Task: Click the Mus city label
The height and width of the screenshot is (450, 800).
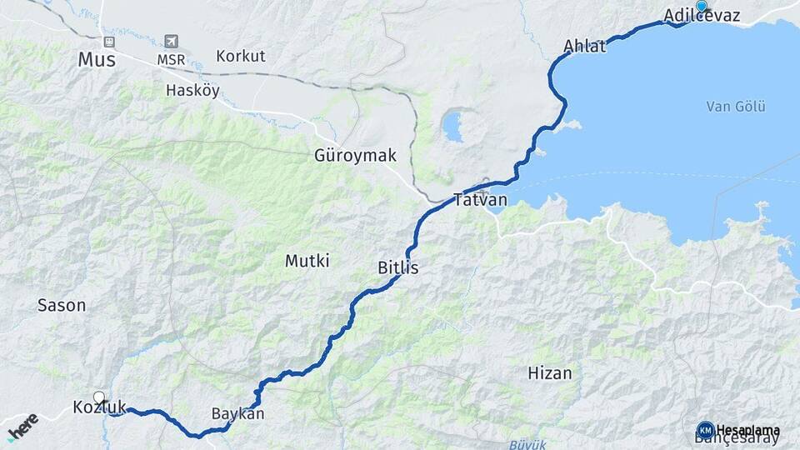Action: tap(96, 60)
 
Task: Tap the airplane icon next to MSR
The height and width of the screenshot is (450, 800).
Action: tap(172, 41)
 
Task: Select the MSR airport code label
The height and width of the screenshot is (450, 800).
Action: tap(172, 60)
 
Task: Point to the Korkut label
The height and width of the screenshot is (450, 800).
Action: tap(240, 57)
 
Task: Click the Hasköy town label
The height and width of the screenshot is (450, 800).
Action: tap(192, 90)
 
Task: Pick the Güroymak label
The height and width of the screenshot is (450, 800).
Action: tap(355, 156)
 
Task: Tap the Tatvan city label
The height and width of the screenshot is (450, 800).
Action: tap(480, 200)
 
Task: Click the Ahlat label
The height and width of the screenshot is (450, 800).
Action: tap(584, 47)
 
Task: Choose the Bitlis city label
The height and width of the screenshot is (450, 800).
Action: tap(397, 268)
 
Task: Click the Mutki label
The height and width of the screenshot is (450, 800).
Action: tap(307, 261)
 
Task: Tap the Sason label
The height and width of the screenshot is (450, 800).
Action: tap(62, 305)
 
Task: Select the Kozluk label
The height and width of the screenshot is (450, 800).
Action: tap(99, 407)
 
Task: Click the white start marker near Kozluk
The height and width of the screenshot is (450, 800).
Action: tap(99, 397)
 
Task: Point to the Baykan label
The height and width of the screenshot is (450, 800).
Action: tap(237, 413)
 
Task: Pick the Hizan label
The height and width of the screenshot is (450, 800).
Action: tap(550, 372)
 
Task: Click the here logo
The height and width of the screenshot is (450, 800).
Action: tap(22, 426)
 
